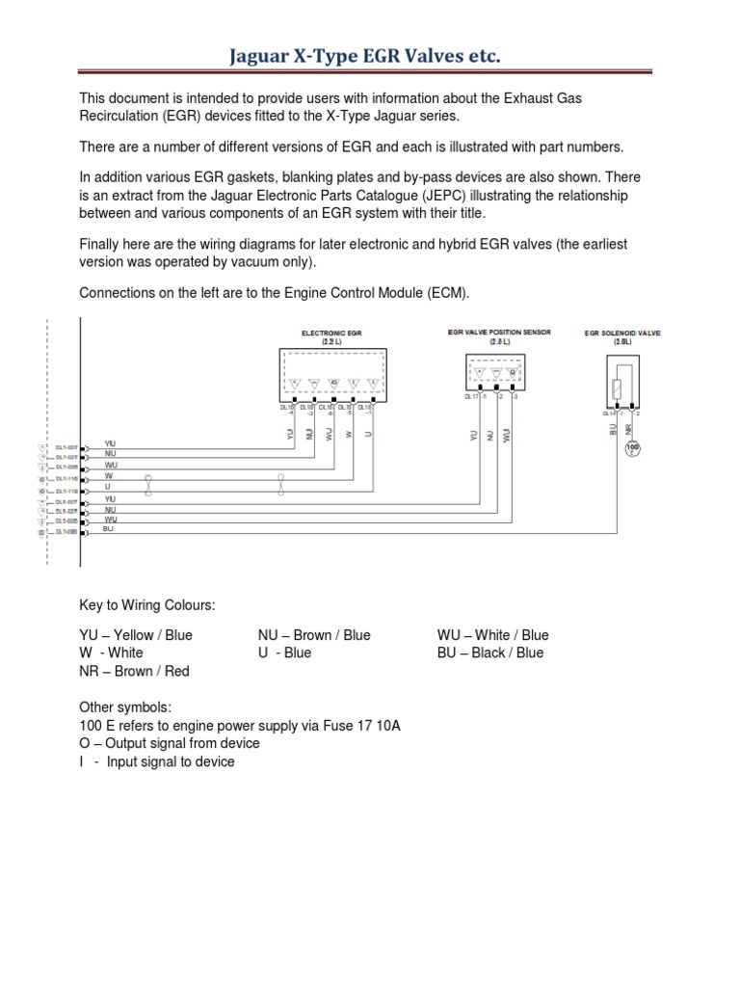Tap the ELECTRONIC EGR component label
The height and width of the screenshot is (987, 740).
[x=330, y=333]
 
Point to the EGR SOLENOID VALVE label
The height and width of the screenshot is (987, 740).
[x=622, y=333]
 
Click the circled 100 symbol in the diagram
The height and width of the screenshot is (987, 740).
[x=633, y=448]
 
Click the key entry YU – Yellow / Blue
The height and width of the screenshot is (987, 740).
[x=136, y=635]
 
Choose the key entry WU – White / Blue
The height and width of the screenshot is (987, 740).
[x=492, y=635]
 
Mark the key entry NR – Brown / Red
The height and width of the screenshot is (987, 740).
[x=134, y=671]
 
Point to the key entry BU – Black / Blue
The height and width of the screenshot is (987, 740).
[x=489, y=653]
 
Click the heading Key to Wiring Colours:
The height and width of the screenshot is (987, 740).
[x=147, y=604]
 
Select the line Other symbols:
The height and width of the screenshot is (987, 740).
[x=124, y=707]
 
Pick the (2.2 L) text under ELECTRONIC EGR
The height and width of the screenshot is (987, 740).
[x=330, y=342]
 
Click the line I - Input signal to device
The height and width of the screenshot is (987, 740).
[x=156, y=761]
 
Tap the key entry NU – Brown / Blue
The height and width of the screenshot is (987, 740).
[x=314, y=635]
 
